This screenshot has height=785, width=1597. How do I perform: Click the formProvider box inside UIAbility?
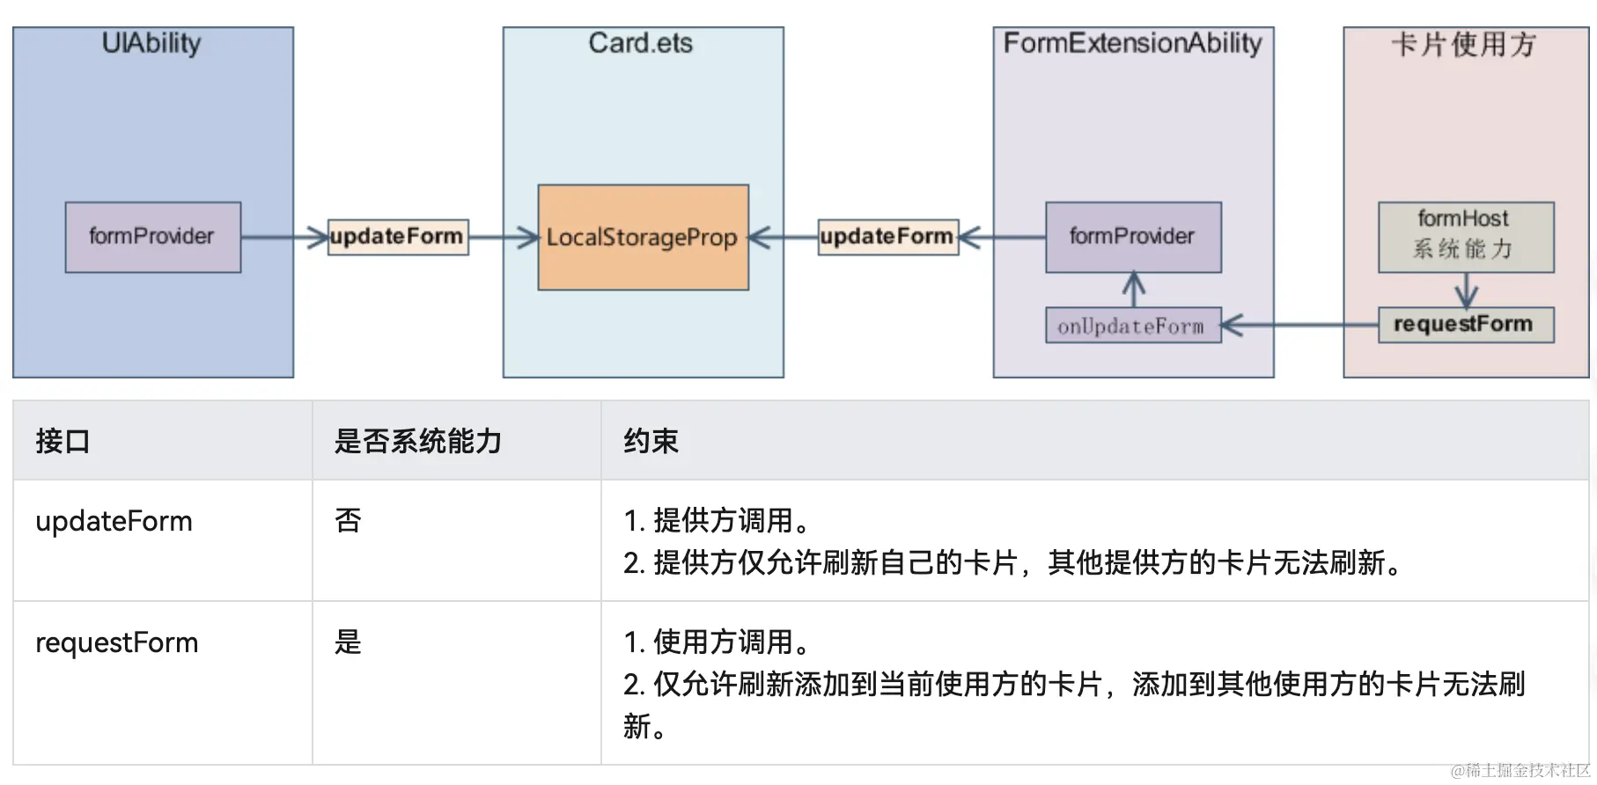[153, 237]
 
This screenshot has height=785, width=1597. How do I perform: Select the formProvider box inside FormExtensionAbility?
[1133, 237]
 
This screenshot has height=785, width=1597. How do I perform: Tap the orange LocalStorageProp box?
[644, 237]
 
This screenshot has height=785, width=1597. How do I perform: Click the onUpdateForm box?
[1133, 325]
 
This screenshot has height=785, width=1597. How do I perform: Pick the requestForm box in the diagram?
[1466, 325]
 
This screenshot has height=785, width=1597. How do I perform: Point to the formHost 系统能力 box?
[1466, 237]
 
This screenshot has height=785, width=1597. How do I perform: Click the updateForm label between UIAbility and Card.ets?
[398, 237]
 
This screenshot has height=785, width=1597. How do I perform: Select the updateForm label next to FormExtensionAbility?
[888, 237]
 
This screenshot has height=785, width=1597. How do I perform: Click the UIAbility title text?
[151, 43]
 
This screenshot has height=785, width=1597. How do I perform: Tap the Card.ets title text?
[641, 43]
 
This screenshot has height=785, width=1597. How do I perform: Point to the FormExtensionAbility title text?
[1133, 43]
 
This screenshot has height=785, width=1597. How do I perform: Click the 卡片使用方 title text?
[1464, 44]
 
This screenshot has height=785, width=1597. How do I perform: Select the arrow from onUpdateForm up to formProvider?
[1134, 290]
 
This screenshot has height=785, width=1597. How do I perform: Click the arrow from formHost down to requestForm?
[1467, 290]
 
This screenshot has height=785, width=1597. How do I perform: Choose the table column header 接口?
[63, 441]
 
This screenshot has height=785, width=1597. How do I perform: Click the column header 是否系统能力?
[418, 441]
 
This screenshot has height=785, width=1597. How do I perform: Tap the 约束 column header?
[651, 441]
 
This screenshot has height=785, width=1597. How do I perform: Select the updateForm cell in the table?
[114, 521]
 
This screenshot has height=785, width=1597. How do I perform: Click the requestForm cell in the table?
[117, 642]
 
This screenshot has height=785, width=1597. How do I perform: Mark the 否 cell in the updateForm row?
[349, 521]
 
